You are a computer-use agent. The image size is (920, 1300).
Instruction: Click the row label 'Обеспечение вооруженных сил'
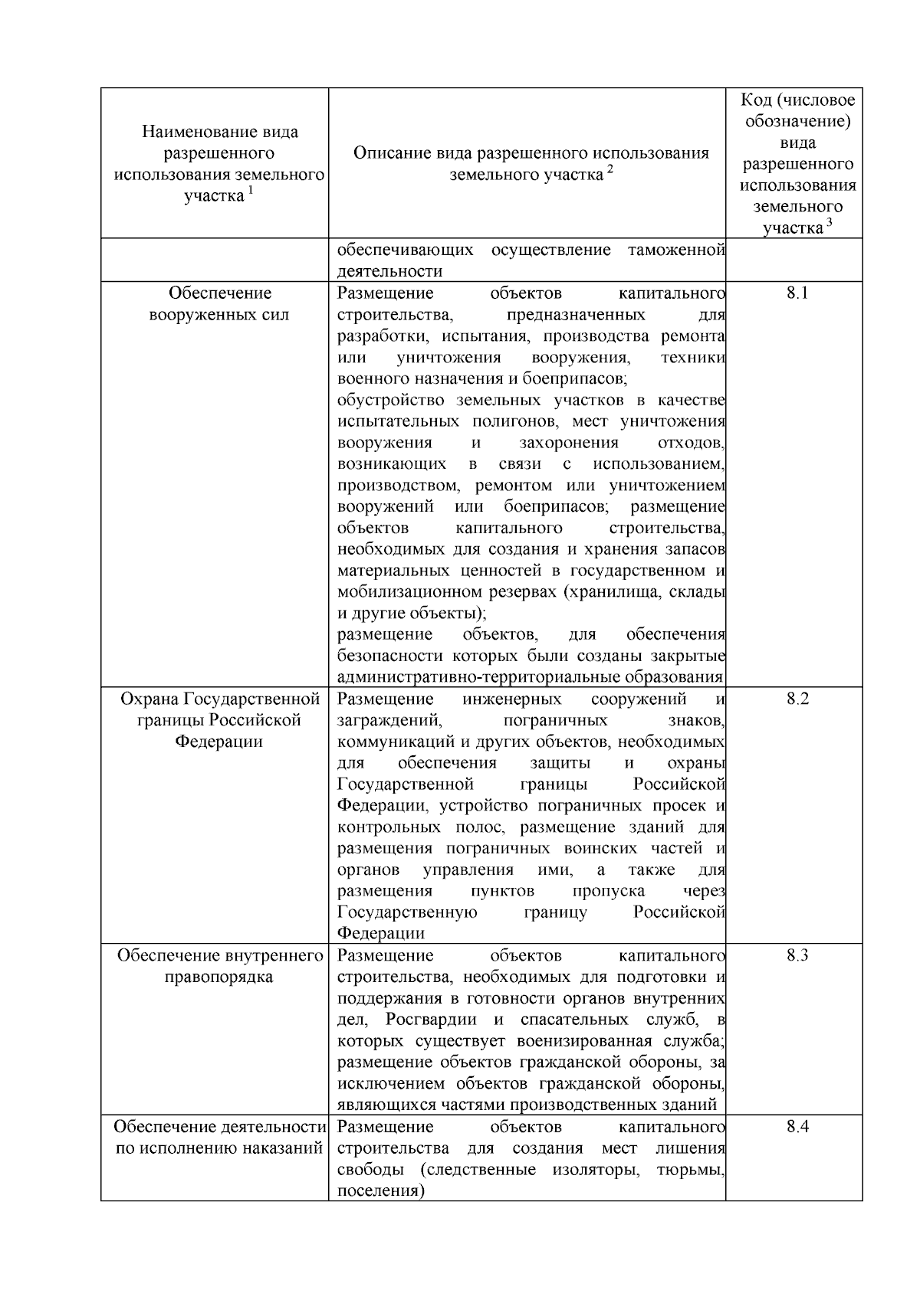(x=219, y=304)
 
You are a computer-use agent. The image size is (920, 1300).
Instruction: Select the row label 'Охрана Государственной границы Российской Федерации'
(x=219, y=720)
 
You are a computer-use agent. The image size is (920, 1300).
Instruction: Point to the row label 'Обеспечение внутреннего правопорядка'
(x=219, y=966)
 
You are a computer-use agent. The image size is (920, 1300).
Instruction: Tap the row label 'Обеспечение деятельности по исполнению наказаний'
(x=219, y=1138)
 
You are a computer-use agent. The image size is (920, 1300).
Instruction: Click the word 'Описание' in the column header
(x=389, y=153)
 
